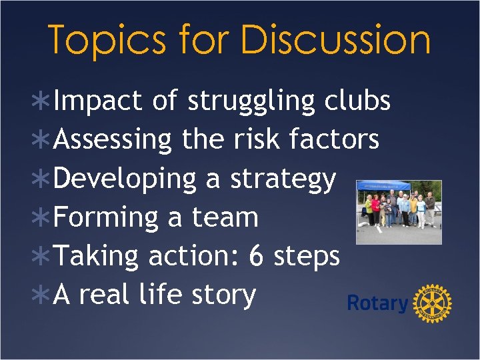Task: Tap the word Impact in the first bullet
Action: click(98, 101)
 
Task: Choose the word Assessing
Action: click(113, 141)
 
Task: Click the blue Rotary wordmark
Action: click(377, 304)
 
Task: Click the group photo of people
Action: click(399, 212)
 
